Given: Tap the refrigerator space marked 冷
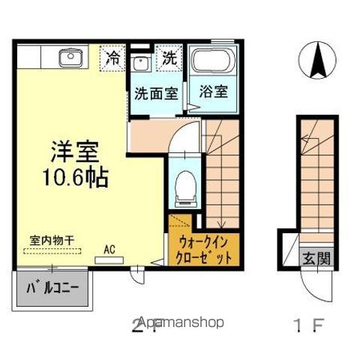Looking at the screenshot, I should (x=113, y=56).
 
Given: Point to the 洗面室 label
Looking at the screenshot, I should (x=155, y=94).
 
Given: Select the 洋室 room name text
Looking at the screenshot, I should (x=76, y=150).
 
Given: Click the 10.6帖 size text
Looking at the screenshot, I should (x=76, y=178).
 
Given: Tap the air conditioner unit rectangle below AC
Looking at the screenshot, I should (x=109, y=259).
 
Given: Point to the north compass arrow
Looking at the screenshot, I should (x=316, y=57).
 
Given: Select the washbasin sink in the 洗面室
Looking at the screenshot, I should (x=139, y=64).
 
